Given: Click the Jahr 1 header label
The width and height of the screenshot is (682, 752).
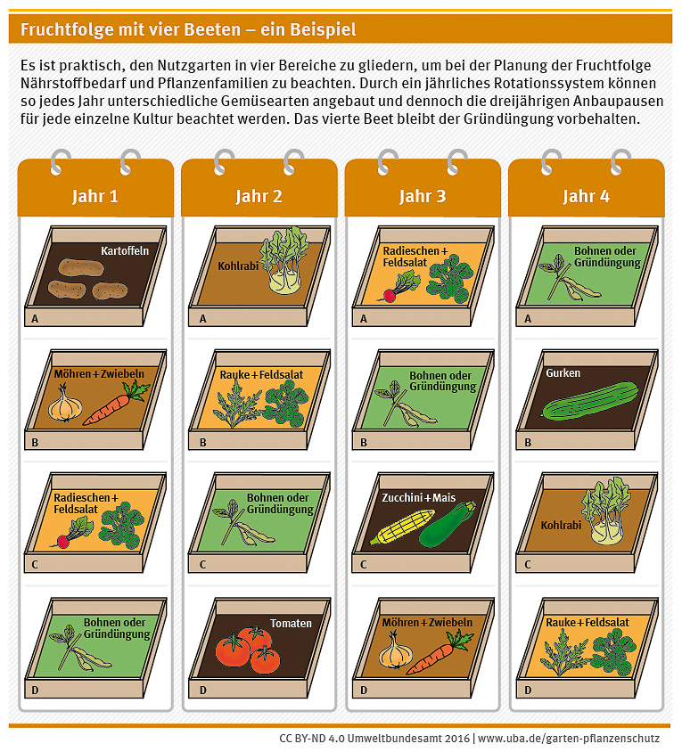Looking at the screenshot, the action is click(x=95, y=196).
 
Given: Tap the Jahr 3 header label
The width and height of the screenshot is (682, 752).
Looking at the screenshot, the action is click(x=423, y=196).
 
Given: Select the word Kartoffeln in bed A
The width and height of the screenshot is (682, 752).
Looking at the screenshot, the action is click(x=125, y=251).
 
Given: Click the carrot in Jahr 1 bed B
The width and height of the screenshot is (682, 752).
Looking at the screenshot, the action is click(x=116, y=404).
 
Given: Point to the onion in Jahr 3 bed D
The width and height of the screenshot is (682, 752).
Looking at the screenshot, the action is click(x=396, y=650).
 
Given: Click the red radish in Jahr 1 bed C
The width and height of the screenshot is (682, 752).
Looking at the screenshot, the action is click(x=62, y=542).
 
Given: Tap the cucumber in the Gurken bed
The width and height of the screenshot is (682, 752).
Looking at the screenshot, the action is click(x=590, y=402).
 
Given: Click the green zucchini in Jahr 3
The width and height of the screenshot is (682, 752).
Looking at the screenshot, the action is click(x=448, y=525).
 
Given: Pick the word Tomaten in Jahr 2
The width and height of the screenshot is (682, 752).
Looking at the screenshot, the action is click(x=291, y=623).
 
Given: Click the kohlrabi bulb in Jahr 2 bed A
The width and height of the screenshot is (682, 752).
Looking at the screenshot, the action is click(x=284, y=281).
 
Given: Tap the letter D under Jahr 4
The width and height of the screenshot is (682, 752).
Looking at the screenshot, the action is click(x=528, y=691).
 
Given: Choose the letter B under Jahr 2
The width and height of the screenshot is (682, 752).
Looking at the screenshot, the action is click(x=203, y=442).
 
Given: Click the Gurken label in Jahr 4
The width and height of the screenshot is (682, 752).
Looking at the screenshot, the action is click(x=563, y=372).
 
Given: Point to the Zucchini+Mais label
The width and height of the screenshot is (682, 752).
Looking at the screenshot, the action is click(x=418, y=497).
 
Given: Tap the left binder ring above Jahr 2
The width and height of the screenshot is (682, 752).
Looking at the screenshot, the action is click(x=223, y=161).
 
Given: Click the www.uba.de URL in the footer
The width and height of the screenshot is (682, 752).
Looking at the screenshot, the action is click(x=569, y=738).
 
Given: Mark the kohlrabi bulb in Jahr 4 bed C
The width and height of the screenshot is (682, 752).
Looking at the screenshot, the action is click(x=607, y=530).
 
